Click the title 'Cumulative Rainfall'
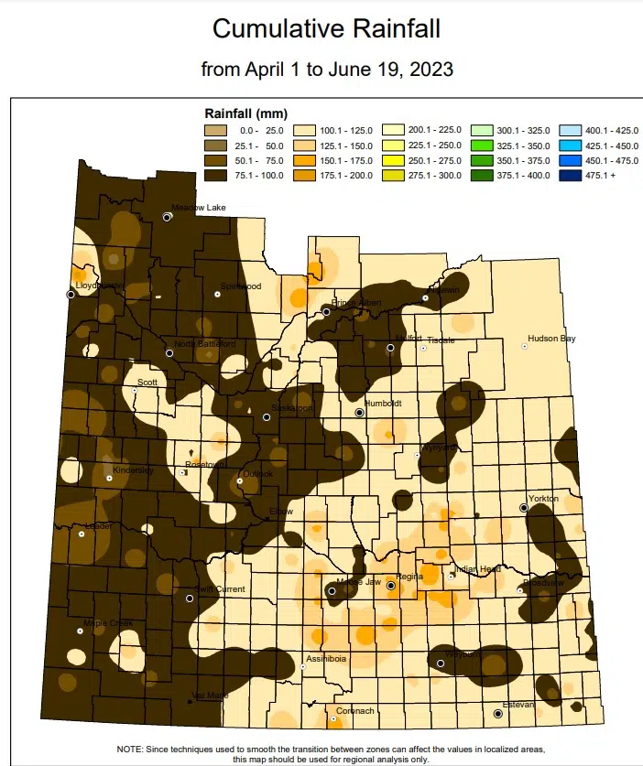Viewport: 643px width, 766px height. click(x=326, y=28)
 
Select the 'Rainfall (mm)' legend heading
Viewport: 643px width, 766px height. click(x=245, y=114)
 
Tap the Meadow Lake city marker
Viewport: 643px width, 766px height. click(x=168, y=217)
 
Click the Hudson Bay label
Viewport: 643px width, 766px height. click(x=551, y=339)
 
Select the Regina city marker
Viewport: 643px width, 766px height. click(x=391, y=585)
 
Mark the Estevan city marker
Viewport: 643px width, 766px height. click(x=498, y=713)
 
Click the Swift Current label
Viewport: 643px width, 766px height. click(x=221, y=589)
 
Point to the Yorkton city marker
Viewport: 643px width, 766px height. click(x=524, y=507)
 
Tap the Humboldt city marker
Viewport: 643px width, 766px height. click(x=360, y=413)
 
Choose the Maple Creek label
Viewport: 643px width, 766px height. click(x=108, y=623)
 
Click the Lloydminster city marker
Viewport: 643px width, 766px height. click(x=71, y=294)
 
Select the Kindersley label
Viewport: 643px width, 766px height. click(x=132, y=469)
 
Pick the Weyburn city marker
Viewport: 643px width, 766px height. click(x=441, y=664)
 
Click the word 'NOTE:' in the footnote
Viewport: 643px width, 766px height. click(x=131, y=749)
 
